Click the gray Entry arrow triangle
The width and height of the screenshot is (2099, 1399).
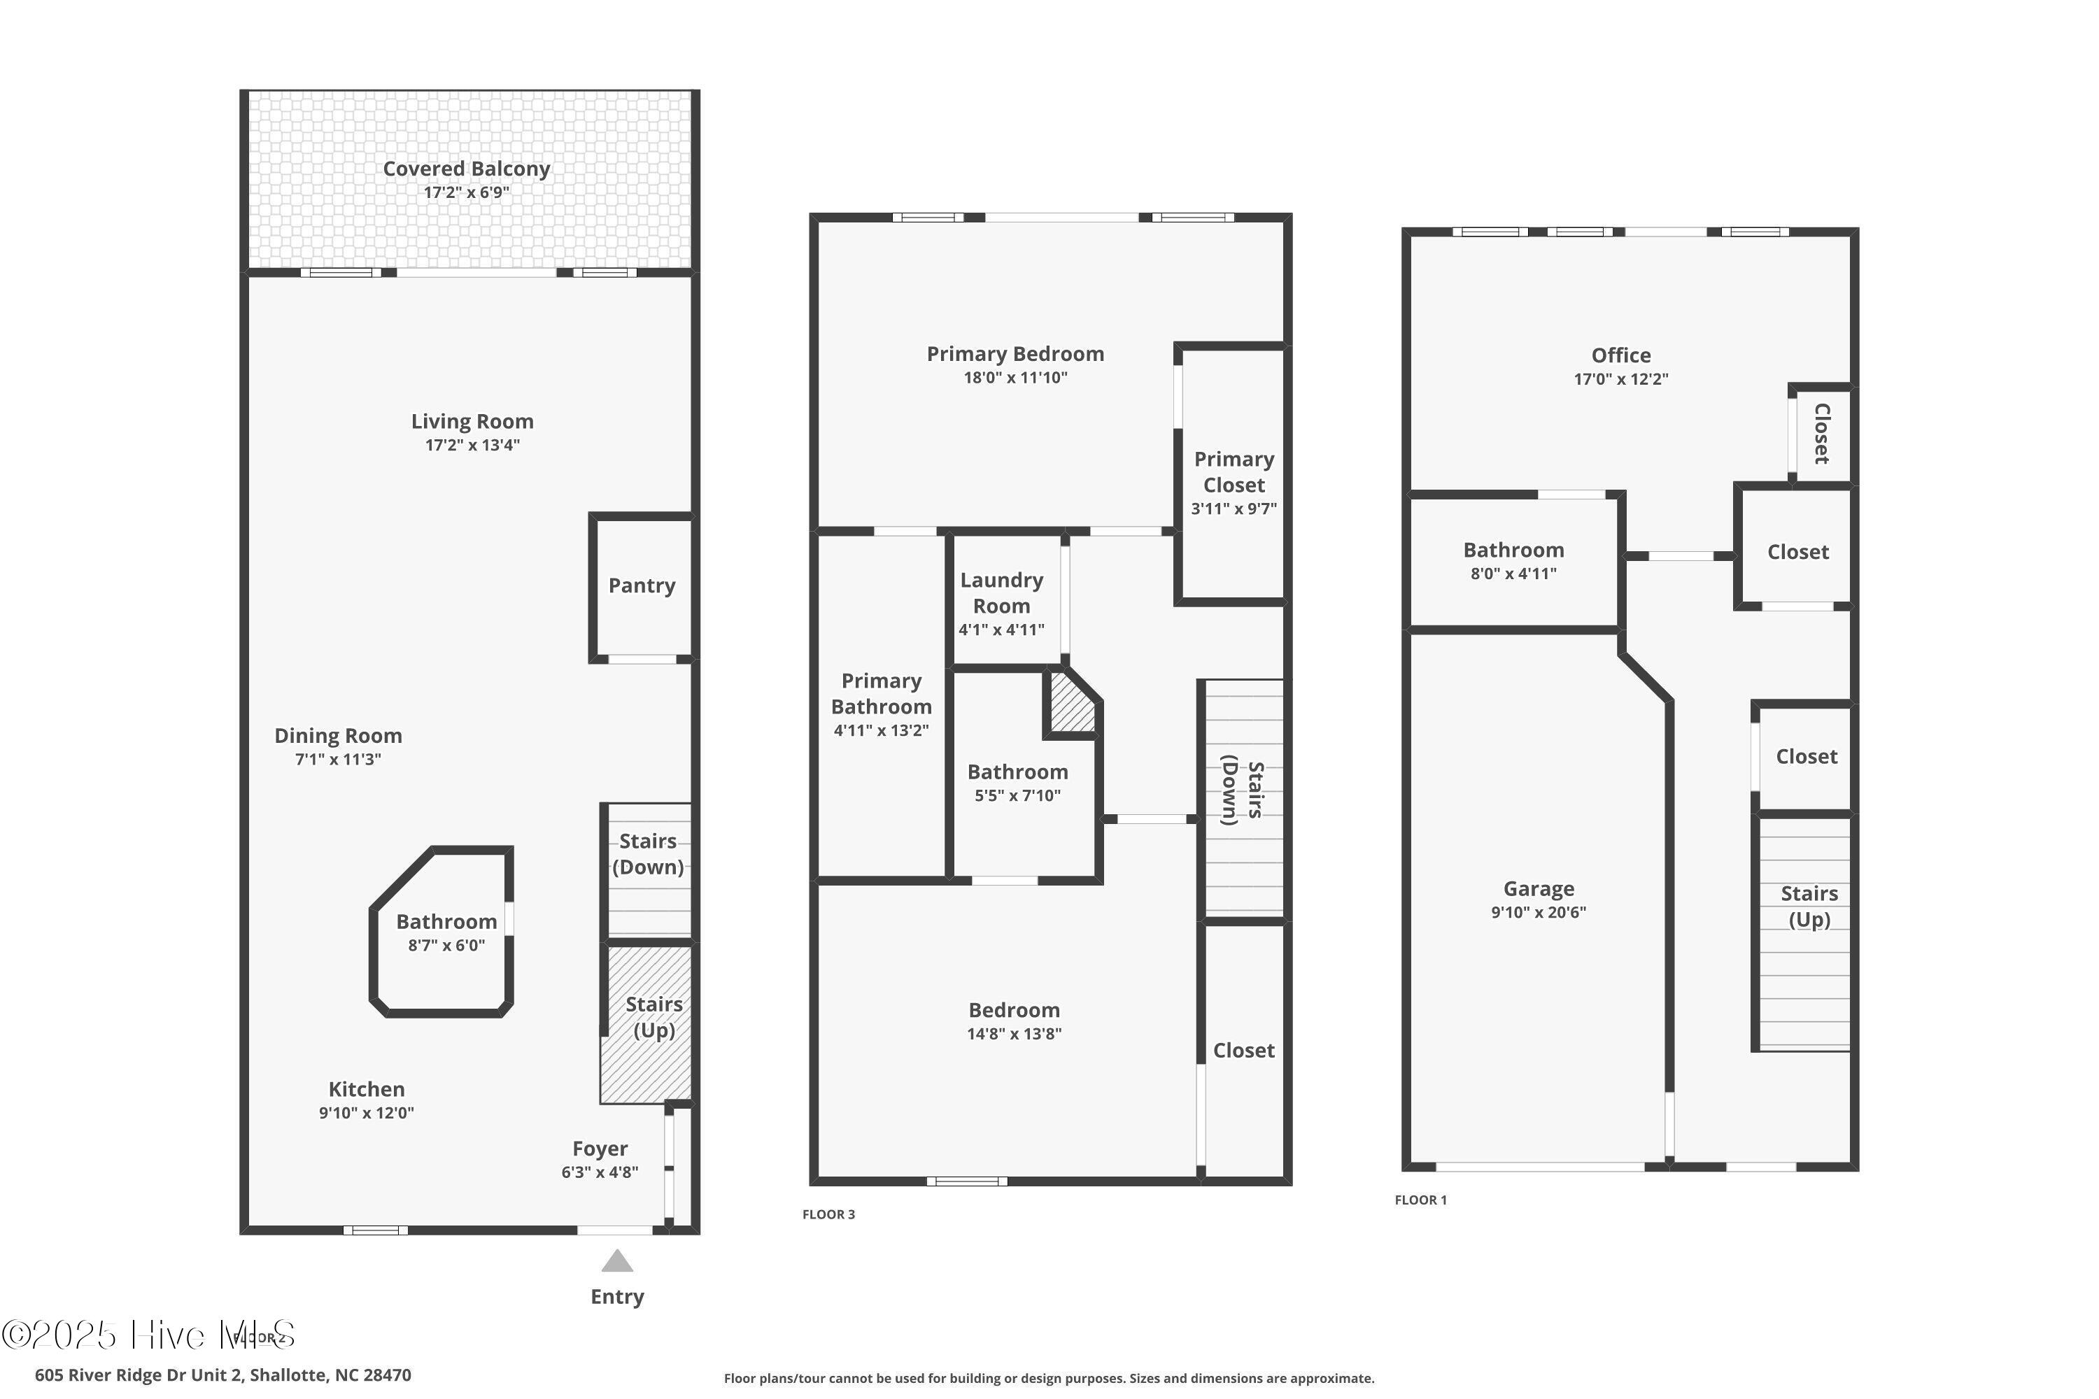(x=616, y=1262)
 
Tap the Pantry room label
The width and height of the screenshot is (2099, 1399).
(x=642, y=586)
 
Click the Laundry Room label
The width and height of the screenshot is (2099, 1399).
(x=1001, y=592)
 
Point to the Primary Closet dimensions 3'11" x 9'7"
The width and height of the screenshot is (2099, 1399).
(x=1234, y=509)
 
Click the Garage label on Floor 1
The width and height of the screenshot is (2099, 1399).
(x=1539, y=888)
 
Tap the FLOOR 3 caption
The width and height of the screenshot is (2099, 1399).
(x=828, y=1214)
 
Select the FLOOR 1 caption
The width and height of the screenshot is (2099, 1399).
(x=1421, y=1200)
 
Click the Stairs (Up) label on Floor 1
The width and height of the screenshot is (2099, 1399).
(x=1809, y=907)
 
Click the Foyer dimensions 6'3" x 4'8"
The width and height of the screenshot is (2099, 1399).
(x=600, y=1172)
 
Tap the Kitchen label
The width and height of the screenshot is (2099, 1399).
(x=366, y=1089)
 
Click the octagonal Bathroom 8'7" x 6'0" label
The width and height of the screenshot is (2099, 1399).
(x=446, y=923)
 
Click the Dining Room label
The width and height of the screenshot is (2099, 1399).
(x=338, y=736)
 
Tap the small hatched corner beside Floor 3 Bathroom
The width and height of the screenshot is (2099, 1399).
(x=1071, y=705)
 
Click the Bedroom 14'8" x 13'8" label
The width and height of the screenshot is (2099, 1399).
(x=1014, y=1011)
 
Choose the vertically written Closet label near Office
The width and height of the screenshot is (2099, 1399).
(x=1821, y=434)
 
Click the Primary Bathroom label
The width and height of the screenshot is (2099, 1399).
(x=881, y=694)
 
